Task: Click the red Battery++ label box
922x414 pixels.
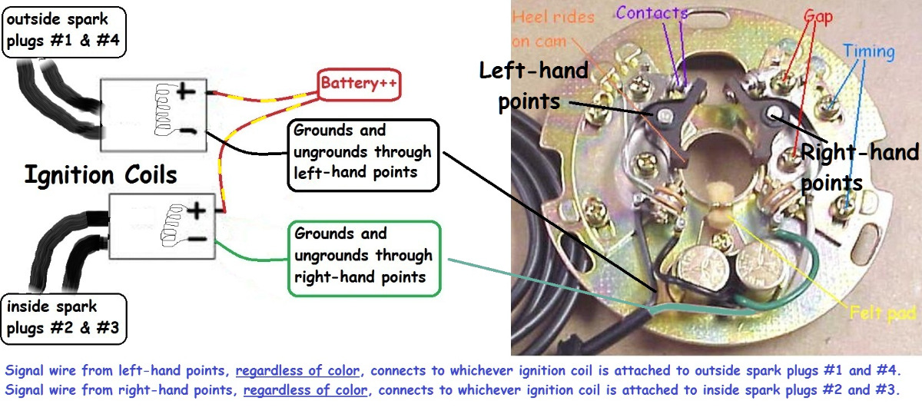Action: pos(360,84)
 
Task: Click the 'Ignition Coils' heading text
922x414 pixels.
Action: pos(101,174)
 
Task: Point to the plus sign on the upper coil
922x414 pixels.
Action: pos(186,94)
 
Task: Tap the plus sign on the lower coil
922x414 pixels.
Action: pos(197,210)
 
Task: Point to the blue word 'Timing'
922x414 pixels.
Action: pos(868,52)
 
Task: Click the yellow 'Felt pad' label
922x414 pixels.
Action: pos(883,313)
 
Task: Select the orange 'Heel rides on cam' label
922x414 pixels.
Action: pos(552,28)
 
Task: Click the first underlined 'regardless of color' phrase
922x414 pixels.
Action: pos(290,370)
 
